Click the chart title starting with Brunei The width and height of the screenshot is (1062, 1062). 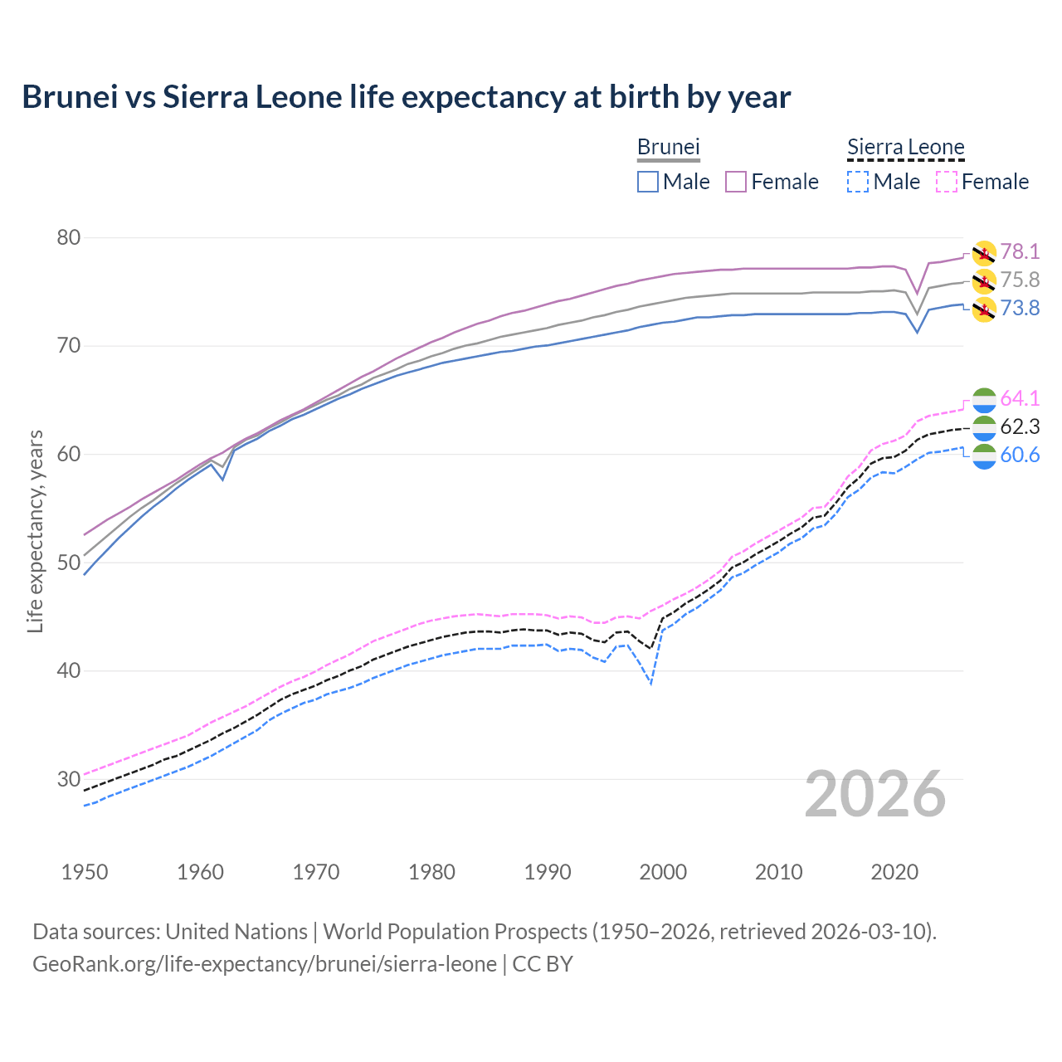(x=407, y=97)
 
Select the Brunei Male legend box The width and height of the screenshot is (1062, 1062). (x=648, y=182)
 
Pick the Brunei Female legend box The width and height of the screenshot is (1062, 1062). (x=737, y=182)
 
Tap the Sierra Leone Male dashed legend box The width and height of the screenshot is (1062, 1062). (x=858, y=182)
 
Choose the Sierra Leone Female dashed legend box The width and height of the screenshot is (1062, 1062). (x=947, y=182)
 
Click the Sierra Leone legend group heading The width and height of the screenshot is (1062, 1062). (x=905, y=148)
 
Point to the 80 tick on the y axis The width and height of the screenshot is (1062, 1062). (x=69, y=238)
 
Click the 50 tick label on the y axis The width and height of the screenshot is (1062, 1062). (x=69, y=563)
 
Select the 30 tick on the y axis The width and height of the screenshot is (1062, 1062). (x=69, y=779)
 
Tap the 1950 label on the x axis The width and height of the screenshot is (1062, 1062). (x=85, y=872)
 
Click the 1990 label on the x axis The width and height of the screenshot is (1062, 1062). (x=548, y=872)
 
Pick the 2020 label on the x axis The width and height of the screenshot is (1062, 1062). (x=894, y=872)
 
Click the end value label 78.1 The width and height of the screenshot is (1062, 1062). (x=1020, y=251)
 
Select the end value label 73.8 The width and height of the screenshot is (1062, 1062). (x=1020, y=309)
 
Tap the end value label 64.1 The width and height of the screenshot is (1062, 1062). (x=1020, y=398)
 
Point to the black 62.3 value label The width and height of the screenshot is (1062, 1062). (x=1020, y=426)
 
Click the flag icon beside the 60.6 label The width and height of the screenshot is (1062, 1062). (x=984, y=455)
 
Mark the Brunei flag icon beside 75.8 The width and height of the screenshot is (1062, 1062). (x=984, y=281)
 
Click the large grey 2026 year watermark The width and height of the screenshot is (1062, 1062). (x=875, y=795)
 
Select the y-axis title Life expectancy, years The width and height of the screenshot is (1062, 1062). (x=35, y=531)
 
